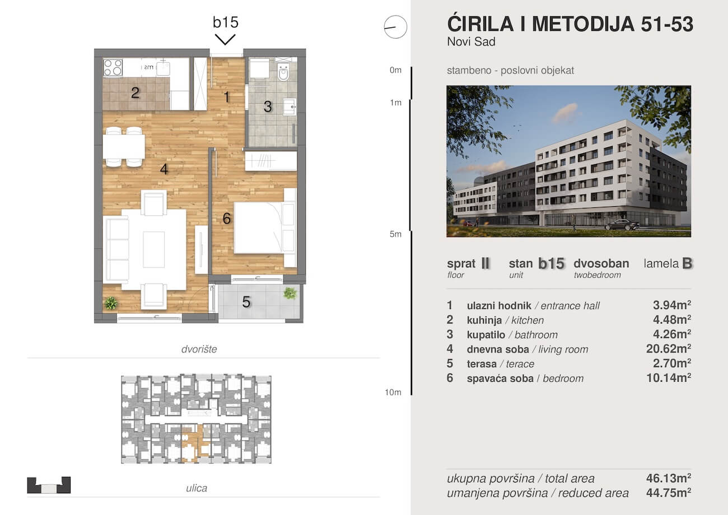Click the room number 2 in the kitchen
(x=136, y=93)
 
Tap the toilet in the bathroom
(x=284, y=72)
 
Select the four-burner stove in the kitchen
(x=113, y=67)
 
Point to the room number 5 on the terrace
(x=246, y=302)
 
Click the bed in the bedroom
(x=264, y=228)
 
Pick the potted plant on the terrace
(x=290, y=293)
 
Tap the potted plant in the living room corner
(x=111, y=303)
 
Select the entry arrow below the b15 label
(x=225, y=40)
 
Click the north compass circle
(x=395, y=27)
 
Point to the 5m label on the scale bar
(x=395, y=234)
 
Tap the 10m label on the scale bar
(x=393, y=392)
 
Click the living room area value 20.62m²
(x=669, y=349)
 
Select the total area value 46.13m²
(x=669, y=478)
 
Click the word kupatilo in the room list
(x=486, y=335)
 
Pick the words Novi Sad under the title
(x=472, y=41)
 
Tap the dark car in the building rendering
(x=622, y=225)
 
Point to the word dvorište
(x=199, y=349)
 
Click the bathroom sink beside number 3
(x=289, y=106)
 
